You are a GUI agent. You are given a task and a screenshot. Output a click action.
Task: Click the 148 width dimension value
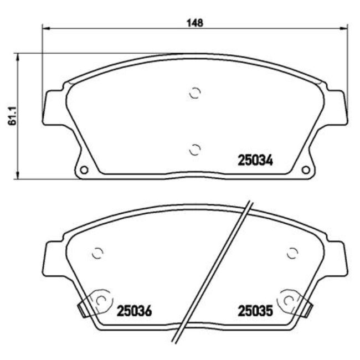(195, 23)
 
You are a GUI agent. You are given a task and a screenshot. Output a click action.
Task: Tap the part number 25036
(134, 311)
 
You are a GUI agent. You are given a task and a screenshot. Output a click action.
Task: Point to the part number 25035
(255, 311)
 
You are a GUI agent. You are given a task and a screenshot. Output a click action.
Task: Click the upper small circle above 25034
(194, 93)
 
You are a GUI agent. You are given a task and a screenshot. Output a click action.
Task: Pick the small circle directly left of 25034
(194, 149)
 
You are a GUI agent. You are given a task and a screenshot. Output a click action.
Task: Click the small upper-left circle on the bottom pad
(97, 253)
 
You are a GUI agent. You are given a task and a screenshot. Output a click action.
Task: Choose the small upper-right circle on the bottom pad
(292, 253)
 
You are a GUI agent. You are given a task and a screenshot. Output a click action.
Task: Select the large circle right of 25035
(289, 300)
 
